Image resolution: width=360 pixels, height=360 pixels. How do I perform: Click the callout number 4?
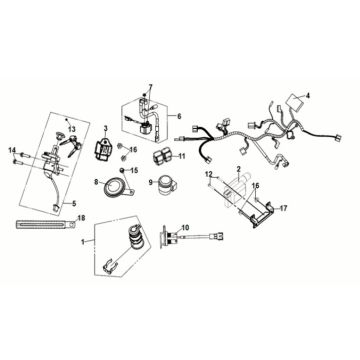[x=308, y=96]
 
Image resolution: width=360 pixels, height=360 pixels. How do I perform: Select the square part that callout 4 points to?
[x=295, y=100]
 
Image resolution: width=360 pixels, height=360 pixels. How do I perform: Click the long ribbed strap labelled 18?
[x=46, y=224]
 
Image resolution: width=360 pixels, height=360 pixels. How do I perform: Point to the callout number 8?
[x=96, y=182]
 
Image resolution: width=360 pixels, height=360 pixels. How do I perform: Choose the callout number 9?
[x=151, y=182]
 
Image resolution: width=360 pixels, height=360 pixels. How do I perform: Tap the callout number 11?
[x=182, y=156]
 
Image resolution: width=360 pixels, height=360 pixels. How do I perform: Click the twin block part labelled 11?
[x=163, y=156]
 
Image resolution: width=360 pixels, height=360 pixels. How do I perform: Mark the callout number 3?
[x=106, y=128]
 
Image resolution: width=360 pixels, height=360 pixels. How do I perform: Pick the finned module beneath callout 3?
[x=104, y=147]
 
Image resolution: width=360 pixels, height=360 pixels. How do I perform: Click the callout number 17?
[x=283, y=209]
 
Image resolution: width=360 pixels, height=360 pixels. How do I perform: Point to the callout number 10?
[x=185, y=227]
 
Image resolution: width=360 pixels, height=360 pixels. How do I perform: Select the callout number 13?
[x=72, y=129]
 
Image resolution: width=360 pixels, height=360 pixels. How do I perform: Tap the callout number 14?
[x=12, y=151]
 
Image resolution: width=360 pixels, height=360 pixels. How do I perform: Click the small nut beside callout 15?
[x=123, y=171]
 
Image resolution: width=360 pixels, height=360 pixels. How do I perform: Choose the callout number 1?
[x=83, y=242]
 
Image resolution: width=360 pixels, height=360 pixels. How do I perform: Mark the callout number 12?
[x=209, y=174]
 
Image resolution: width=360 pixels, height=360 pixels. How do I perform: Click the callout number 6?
[x=179, y=116]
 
